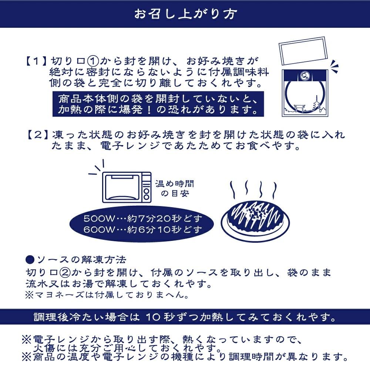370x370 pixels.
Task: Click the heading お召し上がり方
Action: coord(185,14)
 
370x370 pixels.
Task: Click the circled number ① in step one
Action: coord(91,60)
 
